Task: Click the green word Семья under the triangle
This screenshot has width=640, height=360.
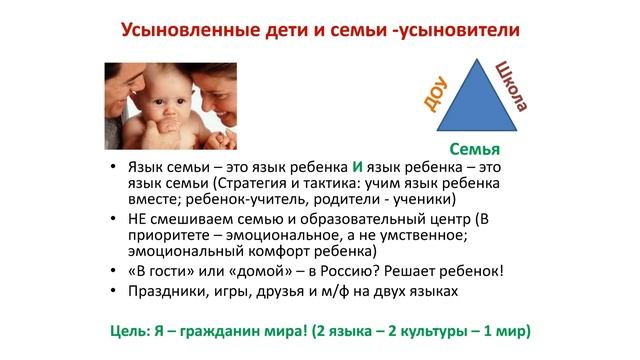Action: pyautogui.click(x=475, y=147)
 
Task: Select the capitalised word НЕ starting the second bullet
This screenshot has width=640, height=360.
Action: pyautogui.click(x=142, y=218)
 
